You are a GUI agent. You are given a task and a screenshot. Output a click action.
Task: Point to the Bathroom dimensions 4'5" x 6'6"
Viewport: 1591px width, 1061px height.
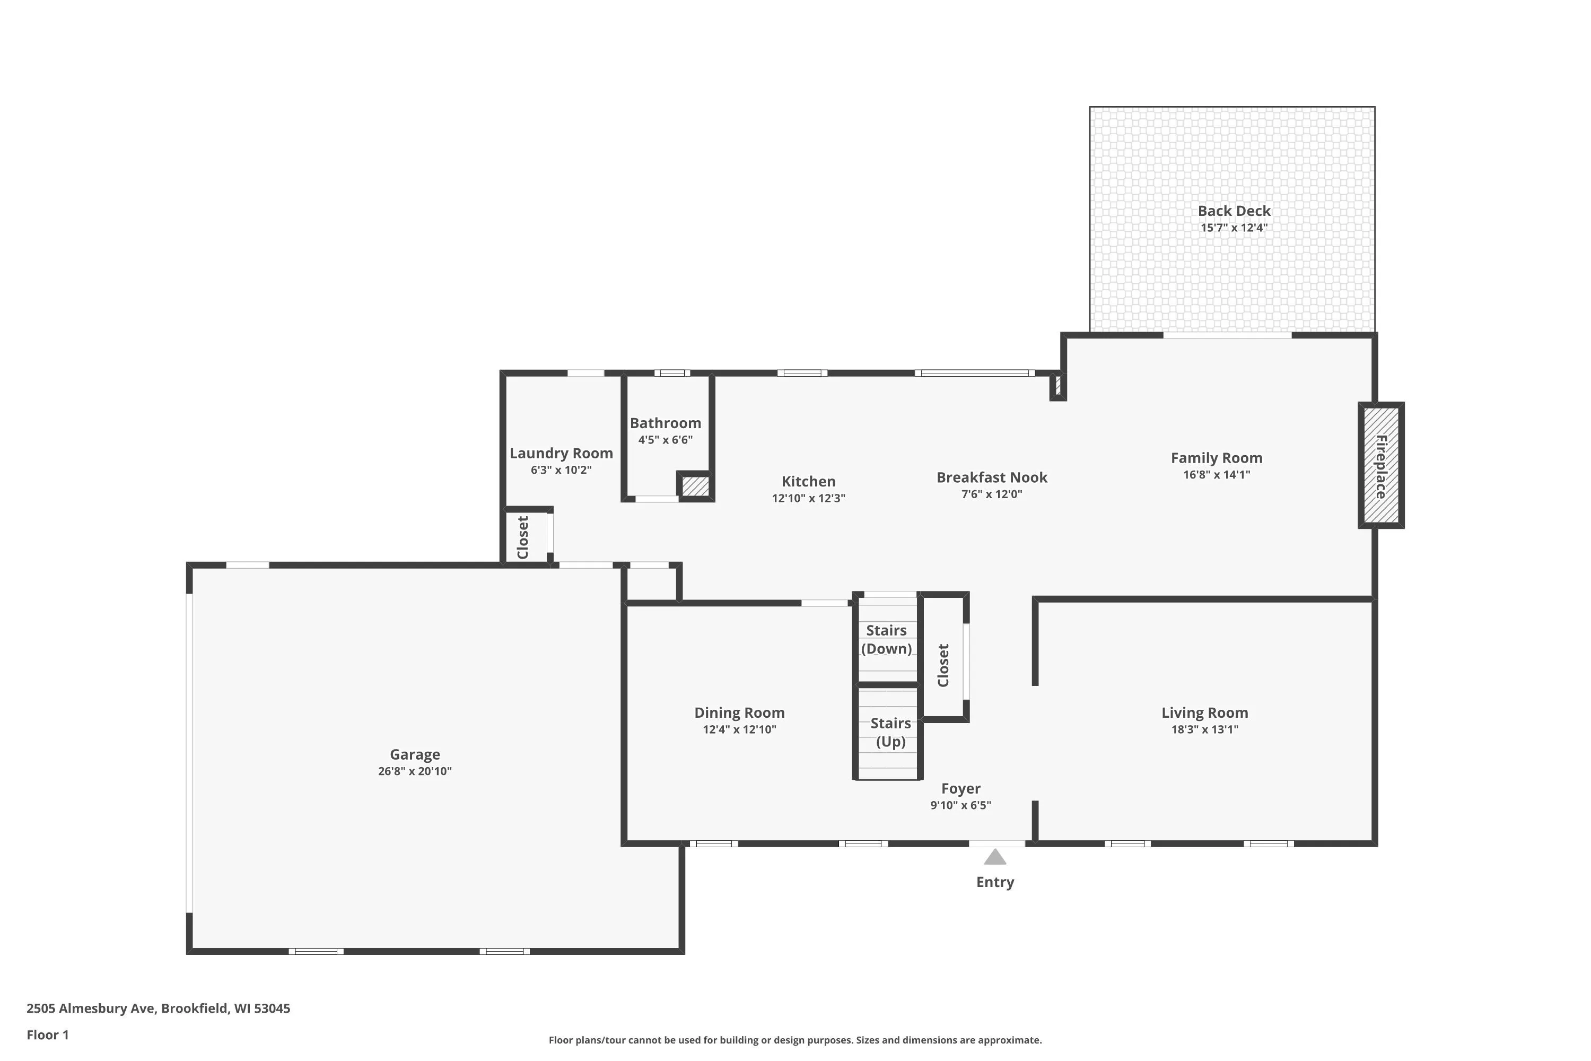[666, 440]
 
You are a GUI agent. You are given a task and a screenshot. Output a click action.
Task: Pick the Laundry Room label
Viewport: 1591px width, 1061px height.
[562, 454]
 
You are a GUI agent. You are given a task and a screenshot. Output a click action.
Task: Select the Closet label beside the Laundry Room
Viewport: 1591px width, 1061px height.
[523, 537]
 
